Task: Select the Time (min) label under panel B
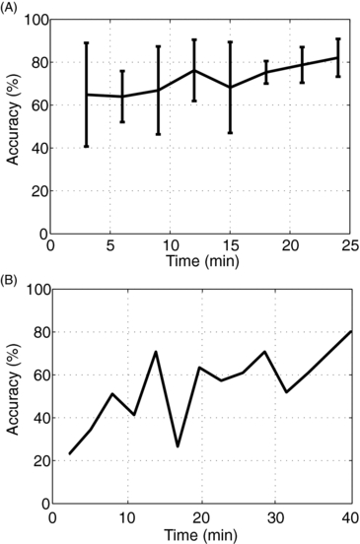click(200, 532)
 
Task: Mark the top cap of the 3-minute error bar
click(86, 42)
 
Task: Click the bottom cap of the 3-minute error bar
click(86, 146)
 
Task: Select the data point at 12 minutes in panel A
click(194, 70)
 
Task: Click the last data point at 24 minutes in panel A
click(338, 57)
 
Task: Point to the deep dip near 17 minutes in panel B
click(178, 445)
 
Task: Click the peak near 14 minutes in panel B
click(155, 352)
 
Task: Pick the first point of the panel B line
click(70, 453)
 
